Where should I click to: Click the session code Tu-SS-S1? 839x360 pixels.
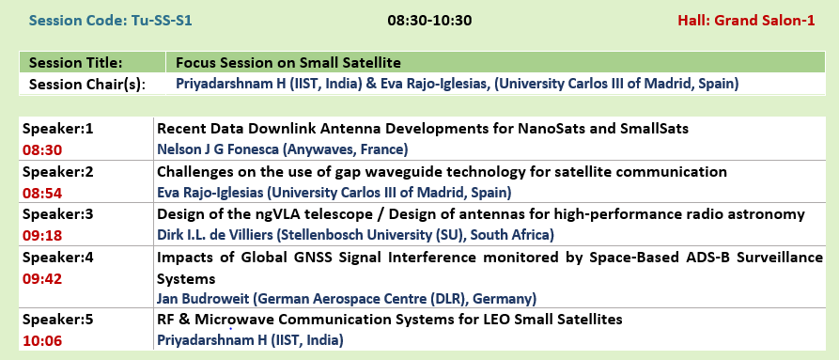[x=110, y=21]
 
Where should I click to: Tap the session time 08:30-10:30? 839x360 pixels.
[x=429, y=21]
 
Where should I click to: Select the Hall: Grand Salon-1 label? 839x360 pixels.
[x=746, y=21]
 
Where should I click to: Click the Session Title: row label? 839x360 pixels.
[x=75, y=63]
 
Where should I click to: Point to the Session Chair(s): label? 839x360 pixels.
[x=87, y=85]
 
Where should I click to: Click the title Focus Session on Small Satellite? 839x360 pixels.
[x=288, y=63]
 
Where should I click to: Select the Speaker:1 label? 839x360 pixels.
[x=58, y=129]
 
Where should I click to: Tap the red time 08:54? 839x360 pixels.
[x=42, y=193]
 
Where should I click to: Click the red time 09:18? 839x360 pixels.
[x=42, y=236]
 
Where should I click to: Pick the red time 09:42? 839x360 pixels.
[x=42, y=278]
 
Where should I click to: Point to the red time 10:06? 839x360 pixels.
[x=42, y=341]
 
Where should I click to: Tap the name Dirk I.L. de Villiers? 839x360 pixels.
[x=212, y=235]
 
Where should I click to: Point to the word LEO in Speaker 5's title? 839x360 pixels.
[x=484, y=320]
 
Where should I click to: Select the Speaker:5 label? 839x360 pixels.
[x=58, y=320]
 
